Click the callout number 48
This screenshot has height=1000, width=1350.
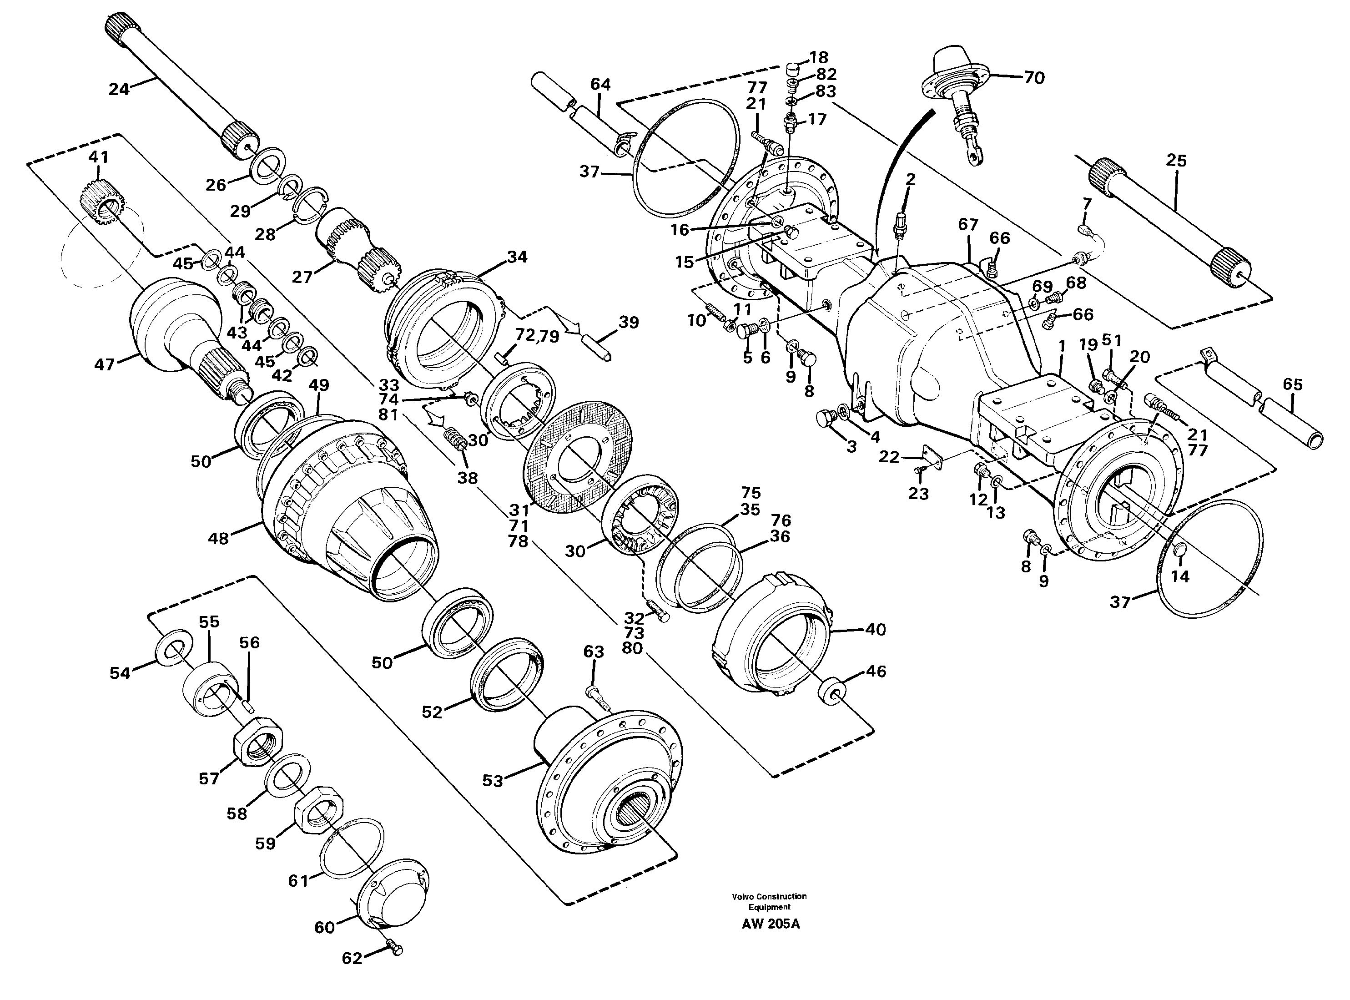point(218,537)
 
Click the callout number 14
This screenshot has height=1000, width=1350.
point(1179,576)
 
